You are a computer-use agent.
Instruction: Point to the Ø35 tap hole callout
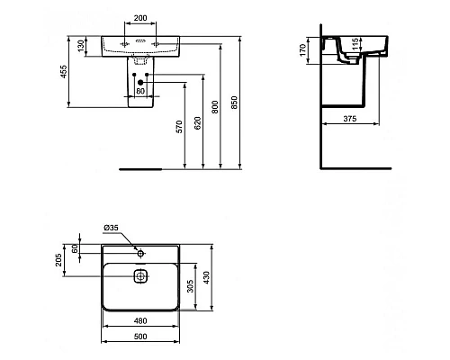point(112,228)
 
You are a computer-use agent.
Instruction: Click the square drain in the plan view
point(139,279)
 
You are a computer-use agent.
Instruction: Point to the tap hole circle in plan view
point(139,247)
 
